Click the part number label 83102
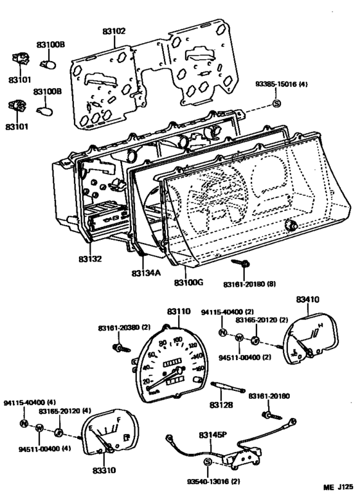tap(114, 30)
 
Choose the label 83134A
tap(146, 273)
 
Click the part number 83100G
tap(188, 282)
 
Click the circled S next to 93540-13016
tap(208, 463)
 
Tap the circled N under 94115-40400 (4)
tap(24, 424)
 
